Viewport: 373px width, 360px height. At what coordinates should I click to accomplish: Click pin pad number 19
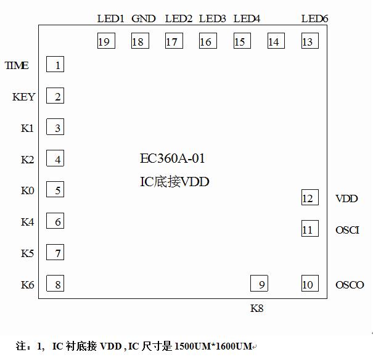coord(104,41)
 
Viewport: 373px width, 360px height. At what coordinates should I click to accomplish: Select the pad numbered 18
coord(137,41)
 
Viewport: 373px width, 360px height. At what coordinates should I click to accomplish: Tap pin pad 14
coord(274,41)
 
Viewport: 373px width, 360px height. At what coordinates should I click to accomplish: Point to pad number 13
coord(307,41)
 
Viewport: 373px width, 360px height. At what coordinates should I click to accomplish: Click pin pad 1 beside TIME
coord(56,65)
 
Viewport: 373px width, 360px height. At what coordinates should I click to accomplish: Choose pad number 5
coord(56,190)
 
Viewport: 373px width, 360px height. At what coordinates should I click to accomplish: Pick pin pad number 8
coord(56,284)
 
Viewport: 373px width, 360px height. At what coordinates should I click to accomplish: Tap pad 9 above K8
coord(260,284)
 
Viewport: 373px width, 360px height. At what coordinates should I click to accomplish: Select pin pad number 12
coord(308,198)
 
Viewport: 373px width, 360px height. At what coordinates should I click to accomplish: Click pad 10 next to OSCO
coord(308,284)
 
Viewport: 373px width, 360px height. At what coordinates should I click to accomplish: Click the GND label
coord(144,18)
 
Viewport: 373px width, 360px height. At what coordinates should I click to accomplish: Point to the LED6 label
coord(314,18)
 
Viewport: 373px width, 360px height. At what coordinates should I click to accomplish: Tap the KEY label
coord(24,97)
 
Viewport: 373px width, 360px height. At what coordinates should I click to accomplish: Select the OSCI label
coord(347,230)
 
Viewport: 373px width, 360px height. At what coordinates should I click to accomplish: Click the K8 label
coord(257,308)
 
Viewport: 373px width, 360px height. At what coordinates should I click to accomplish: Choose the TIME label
coord(17,65)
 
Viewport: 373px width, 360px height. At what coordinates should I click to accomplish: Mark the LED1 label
coord(111,18)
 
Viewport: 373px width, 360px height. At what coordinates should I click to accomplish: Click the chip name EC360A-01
coord(173,159)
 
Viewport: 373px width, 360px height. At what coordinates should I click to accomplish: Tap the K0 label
coord(27,190)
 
